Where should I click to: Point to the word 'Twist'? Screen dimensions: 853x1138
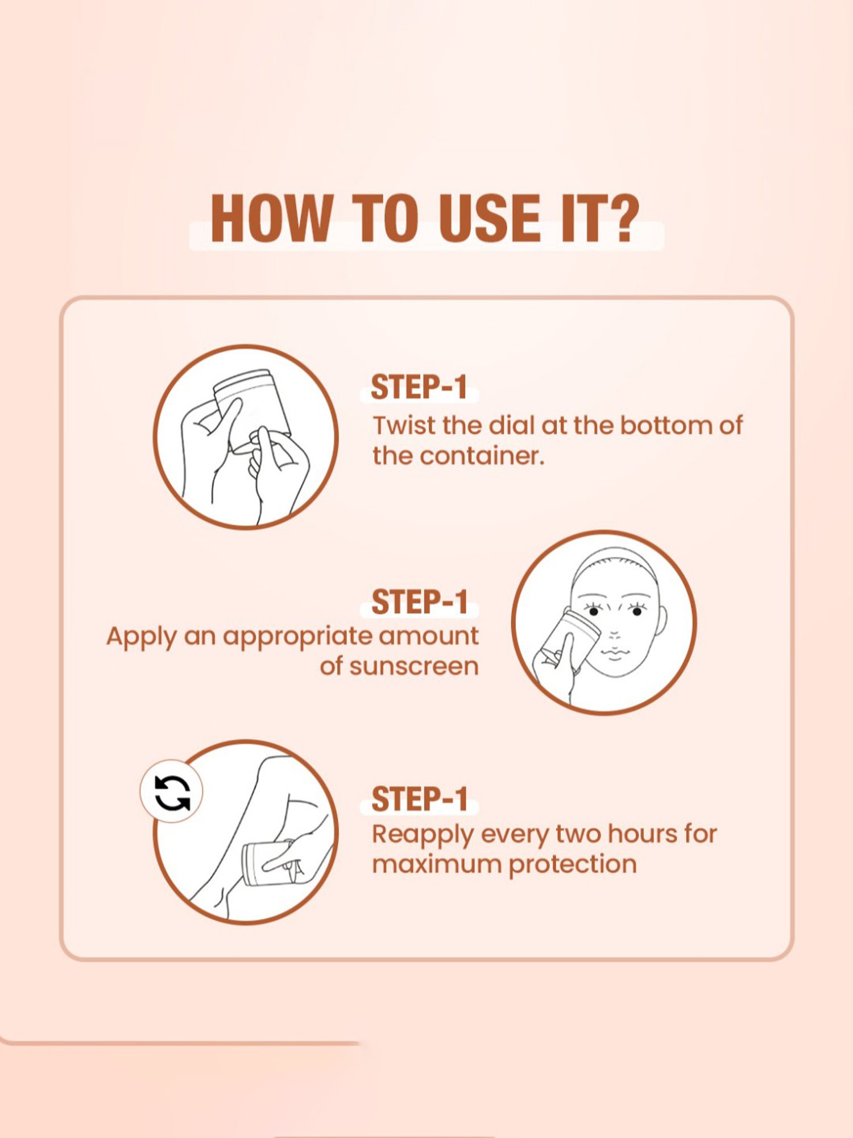404,425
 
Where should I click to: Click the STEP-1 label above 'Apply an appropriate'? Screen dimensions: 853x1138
420,602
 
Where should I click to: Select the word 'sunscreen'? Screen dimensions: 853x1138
414,666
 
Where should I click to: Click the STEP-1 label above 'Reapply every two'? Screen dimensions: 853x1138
420,799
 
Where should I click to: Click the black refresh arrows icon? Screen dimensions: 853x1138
172,791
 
